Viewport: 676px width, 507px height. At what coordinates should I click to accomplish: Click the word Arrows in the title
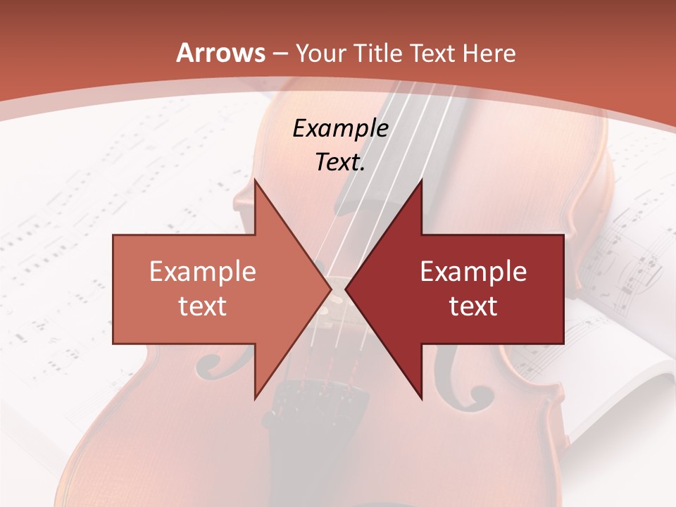coord(220,53)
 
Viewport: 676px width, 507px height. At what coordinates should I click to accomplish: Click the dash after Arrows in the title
coord(280,54)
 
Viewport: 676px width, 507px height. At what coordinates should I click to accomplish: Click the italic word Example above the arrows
coord(340,128)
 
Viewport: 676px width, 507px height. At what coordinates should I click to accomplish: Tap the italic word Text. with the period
coord(340,162)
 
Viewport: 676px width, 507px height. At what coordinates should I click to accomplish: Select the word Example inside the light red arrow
coord(203,272)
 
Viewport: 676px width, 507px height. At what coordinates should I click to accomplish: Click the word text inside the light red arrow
coord(203,306)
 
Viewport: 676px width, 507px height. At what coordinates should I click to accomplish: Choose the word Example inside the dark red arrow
coord(473,272)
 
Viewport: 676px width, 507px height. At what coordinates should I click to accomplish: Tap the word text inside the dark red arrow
coord(473,306)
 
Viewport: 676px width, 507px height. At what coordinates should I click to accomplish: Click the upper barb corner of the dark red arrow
coord(421,182)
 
